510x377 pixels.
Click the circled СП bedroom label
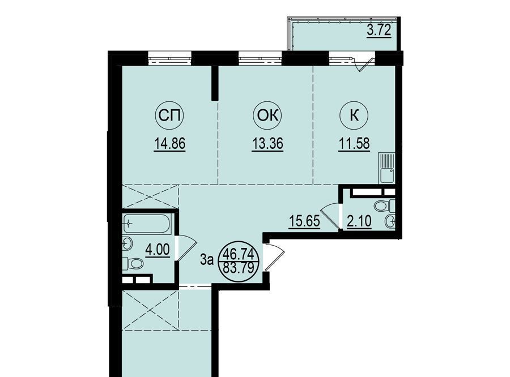click(x=169, y=115)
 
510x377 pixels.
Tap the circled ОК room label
click(x=267, y=115)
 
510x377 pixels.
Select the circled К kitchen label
click(x=354, y=115)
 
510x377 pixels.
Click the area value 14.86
click(x=170, y=144)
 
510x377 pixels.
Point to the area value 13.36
click(x=267, y=144)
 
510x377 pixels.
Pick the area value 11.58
click(x=354, y=144)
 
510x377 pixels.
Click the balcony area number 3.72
click(x=379, y=32)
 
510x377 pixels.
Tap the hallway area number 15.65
click(x=304, y=221)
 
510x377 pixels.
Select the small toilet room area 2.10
click(x=359, y=222)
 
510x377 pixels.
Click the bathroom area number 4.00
click(x=158, y=250)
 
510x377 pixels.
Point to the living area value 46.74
click(x=240, y=254)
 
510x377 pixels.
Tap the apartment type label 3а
click(x=207, y=260)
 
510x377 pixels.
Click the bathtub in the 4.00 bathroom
click(x=146, y=224)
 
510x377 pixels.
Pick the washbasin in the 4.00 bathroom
click(x=127, y=243)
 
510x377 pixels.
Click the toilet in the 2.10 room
click(x=384, y=205)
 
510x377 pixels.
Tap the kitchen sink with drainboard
click(x=386, y=168)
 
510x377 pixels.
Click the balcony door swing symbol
click(x=364, y=65)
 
